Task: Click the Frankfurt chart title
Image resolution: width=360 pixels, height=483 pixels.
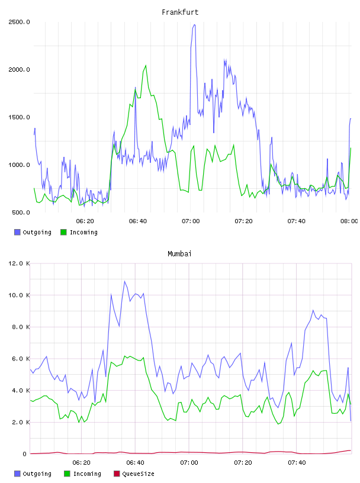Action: [x=180, y=12]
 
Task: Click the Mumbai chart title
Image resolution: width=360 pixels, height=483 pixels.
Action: [x=179, y=253]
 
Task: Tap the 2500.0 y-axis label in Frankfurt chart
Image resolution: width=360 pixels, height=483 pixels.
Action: [x=19, y=22]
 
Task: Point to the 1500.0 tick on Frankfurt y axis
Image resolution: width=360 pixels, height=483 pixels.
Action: [x=19, y=117]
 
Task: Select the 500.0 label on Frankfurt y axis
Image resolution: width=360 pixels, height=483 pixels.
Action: [x=21, y=212]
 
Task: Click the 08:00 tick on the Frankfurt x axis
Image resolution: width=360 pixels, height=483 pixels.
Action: [x=349, y=221]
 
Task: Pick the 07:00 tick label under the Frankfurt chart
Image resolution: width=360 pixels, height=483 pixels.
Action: [x=191, y=221]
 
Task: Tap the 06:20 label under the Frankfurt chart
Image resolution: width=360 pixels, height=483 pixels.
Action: [x=85, y=221]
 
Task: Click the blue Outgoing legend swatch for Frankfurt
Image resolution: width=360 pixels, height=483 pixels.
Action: [x=17, y=232]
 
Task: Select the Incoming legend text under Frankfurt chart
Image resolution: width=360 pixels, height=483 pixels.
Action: [x=83, y=232]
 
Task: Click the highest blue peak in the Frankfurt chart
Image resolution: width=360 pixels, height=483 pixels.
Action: [x=194, y=25]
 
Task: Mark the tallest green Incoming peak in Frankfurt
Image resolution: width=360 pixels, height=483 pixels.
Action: [x=146, y=65]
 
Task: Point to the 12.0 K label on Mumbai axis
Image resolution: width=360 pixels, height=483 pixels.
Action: [x=19, y=263]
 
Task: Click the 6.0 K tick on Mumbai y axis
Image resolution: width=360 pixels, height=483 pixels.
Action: [x=21, y=359]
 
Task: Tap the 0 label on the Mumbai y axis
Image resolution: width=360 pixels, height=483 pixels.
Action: [x=24, y=454]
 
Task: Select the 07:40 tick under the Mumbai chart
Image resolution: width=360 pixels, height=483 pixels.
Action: [x=297, y=463]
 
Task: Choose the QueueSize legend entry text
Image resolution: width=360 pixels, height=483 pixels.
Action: [x=138, y=474]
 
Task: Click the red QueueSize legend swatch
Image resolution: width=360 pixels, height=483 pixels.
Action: [x=117, y=474]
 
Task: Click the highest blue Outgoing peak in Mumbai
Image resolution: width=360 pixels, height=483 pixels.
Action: [x=125, y=281]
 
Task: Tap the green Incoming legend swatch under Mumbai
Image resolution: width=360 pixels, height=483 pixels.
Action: [x=67, y=474]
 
